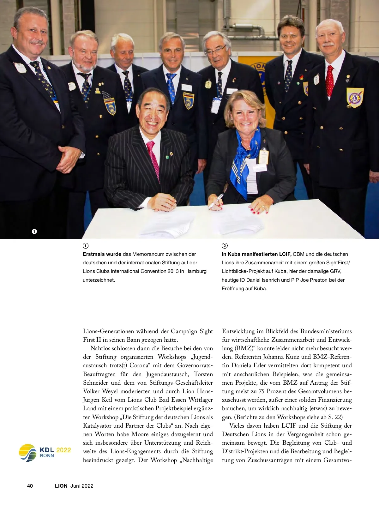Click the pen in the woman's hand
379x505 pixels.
point(215,201)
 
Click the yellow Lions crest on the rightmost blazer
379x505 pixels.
point(355,97)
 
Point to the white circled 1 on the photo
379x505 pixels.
point(34,231)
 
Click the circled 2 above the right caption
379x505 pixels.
point(225,246)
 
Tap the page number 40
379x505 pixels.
point(30,486)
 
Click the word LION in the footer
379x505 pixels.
point(61,486)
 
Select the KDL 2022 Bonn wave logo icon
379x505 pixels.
point(28,453)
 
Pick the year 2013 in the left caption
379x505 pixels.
point(172,271)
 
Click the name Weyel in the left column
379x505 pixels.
point(110,391)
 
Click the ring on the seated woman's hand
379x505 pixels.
point(263,207)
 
